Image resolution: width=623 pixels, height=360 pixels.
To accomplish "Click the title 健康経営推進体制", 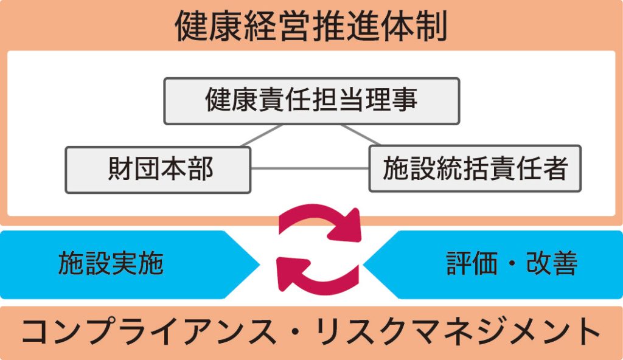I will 311,26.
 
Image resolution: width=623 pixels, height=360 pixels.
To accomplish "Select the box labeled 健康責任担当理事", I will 311,100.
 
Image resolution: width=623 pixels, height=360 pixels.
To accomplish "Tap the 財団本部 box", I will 158,169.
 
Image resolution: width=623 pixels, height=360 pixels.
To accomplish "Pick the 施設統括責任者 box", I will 475,168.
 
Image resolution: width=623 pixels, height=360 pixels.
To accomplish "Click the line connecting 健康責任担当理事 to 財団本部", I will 262,136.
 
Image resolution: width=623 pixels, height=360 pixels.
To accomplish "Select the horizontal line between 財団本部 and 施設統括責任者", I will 310,168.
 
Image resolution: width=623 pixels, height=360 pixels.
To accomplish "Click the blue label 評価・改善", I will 512,264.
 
